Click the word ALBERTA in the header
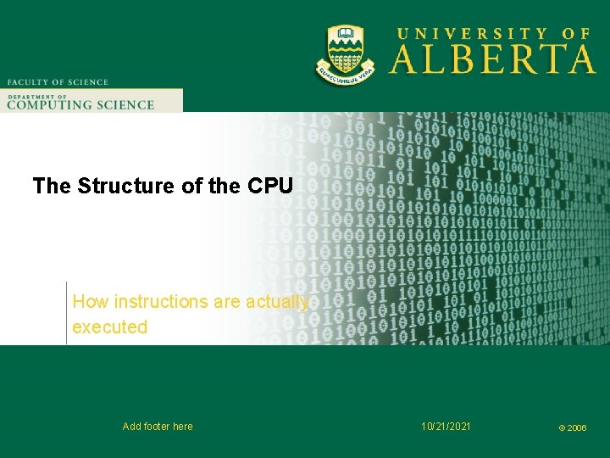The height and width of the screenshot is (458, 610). tap(492, 59)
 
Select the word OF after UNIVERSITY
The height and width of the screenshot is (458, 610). tap(575, 34)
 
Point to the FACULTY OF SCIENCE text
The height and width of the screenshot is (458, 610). tap(58, 82)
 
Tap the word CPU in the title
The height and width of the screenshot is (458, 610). tap(270, 186)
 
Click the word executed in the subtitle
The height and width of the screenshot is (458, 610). tap(109, 327)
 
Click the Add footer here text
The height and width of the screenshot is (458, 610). tap(158, 427)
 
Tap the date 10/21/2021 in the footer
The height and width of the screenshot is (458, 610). tap(446, 426)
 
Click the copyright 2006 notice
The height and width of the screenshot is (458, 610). tap(572, 428)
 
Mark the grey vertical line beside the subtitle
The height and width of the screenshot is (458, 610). tap(66, 312)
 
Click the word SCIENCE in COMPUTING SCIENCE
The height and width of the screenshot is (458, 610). tap(125, 105)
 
